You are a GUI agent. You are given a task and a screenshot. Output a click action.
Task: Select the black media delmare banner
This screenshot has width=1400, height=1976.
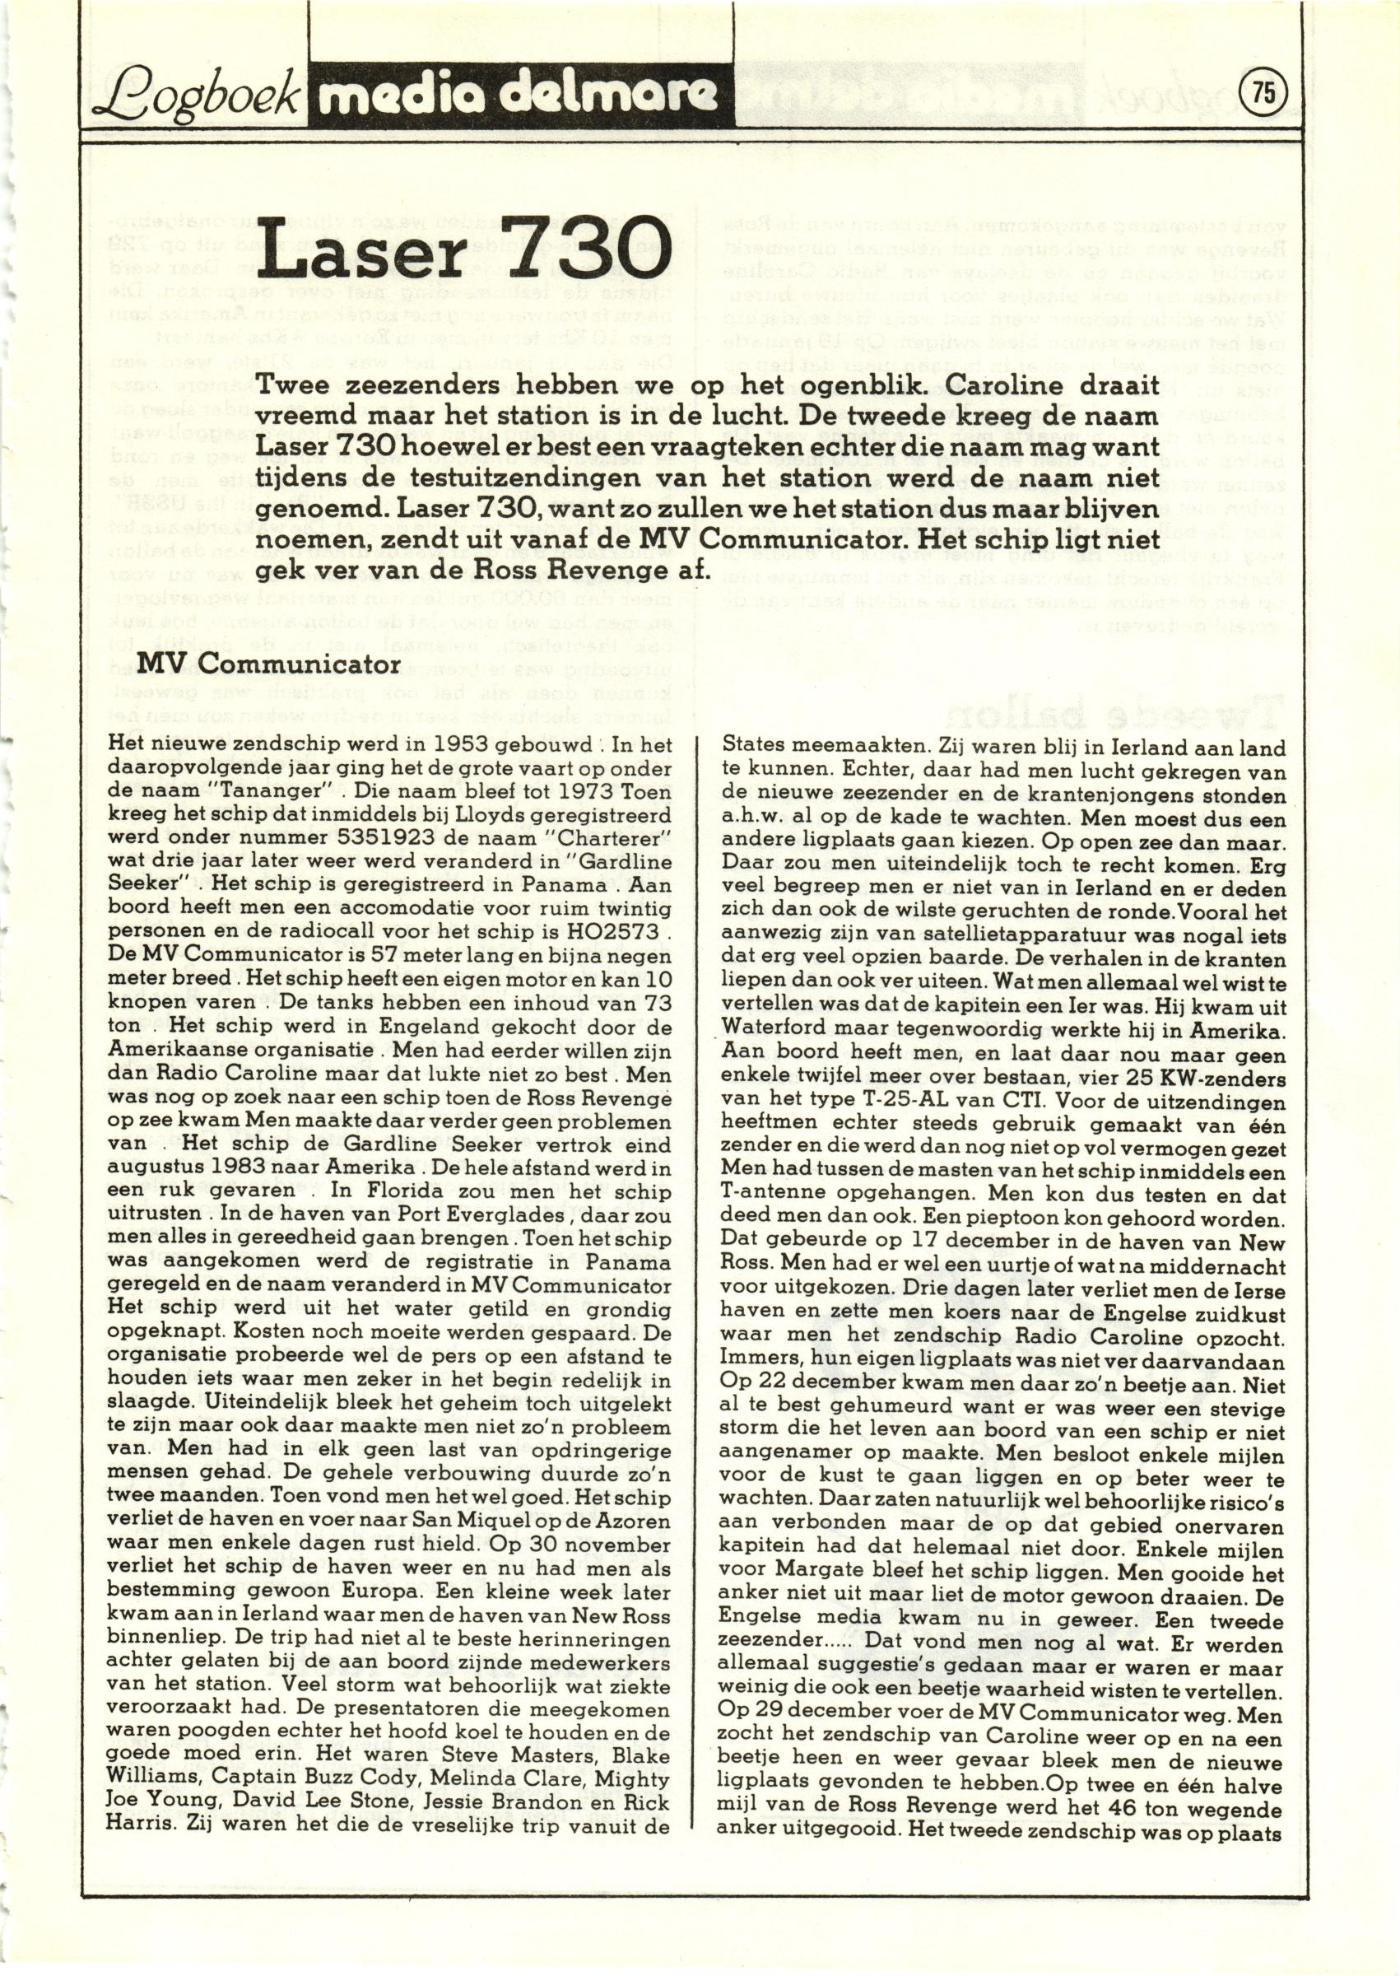click(x=518, y=96)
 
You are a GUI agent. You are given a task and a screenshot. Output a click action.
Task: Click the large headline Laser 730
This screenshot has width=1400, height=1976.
click(x=467, y=250)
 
